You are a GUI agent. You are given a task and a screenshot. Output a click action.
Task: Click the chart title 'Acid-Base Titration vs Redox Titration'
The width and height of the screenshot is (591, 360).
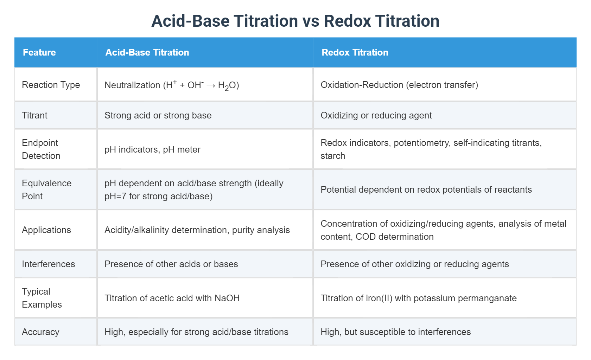295,21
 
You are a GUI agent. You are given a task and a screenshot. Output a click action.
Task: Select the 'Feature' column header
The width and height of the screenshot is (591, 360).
39,52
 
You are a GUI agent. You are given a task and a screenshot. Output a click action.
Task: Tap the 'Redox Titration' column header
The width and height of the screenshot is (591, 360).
355,52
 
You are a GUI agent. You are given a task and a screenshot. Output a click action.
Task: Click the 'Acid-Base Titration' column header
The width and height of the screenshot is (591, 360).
147,52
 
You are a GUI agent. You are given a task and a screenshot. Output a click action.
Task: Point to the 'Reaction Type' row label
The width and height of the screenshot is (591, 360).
51,85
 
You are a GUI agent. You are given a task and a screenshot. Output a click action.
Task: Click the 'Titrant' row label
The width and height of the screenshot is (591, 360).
34,115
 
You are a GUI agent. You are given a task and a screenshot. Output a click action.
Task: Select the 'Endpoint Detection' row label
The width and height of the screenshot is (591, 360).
41,149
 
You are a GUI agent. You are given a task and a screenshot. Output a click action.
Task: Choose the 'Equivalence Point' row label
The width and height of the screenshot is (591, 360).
46,189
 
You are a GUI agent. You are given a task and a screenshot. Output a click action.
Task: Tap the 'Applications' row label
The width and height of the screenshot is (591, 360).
46,230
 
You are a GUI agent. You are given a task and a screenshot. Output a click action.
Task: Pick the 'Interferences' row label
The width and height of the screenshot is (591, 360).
49,264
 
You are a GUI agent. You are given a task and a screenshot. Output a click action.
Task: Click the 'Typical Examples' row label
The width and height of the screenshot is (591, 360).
42,298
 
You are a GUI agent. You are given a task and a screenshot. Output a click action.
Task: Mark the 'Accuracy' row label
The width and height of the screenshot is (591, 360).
40,332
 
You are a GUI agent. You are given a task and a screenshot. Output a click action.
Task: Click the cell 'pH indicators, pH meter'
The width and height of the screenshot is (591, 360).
152,149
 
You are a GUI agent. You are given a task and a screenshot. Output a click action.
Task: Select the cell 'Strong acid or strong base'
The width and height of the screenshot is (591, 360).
158,115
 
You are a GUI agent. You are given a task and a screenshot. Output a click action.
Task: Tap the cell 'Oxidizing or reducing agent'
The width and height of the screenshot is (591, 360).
376,115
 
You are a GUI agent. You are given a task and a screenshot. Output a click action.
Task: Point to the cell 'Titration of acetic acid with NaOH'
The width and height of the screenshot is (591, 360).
172,298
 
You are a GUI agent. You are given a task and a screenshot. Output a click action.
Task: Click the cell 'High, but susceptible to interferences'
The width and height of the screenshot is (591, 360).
395,332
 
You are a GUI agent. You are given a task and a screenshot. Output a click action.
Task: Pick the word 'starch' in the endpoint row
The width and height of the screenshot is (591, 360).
333,156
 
